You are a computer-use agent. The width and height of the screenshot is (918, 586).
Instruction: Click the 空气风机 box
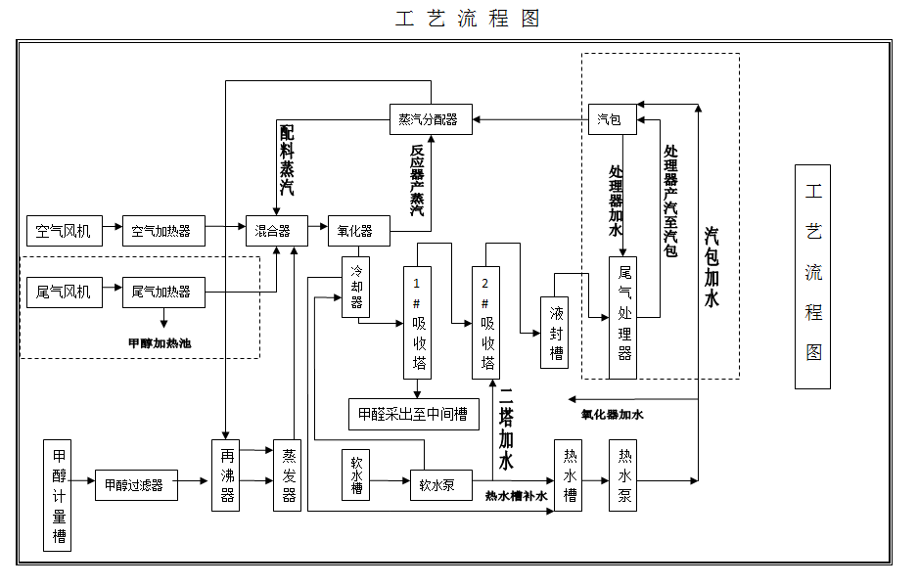[x=64, y=231]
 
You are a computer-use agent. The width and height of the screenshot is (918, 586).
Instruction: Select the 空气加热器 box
[x=163, y=231]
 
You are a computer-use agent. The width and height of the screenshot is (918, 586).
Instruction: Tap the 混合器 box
[x=274, y=231]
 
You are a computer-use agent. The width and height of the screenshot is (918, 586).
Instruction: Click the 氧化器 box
[x=356, y=231]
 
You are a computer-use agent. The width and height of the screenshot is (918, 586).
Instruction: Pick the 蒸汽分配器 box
[x=430, y=119]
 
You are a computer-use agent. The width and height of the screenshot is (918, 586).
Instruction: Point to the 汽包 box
[x=611, y=119]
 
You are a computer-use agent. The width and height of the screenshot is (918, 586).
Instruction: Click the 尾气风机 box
[x=64, y=292]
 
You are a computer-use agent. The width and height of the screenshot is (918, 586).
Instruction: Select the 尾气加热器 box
[x=162, y=292]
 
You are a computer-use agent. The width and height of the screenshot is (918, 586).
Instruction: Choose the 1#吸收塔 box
[x=418, y=322]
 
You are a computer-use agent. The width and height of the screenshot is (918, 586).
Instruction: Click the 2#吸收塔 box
[x=486, y=322]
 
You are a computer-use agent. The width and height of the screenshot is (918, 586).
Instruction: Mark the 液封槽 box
[x=556, y=333]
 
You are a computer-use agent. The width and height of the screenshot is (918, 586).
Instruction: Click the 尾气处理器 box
[x=623, y=318]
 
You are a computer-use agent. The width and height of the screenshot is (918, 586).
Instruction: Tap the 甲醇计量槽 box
[x=59, y=494]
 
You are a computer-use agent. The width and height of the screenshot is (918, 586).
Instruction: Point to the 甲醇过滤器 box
[x=135, y=484]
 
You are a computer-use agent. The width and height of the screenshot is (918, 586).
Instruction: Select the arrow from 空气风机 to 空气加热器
[x=112, y=231]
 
